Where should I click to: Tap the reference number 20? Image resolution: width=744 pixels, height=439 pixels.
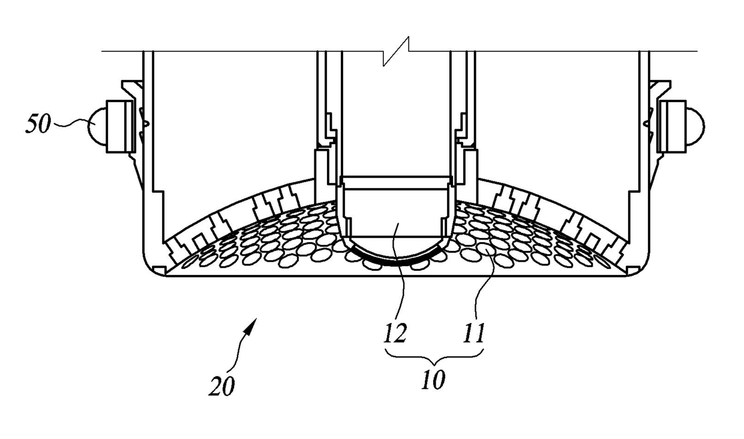pyautogui.click(x=222, y=386)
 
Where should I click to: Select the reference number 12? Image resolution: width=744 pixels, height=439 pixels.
pyautogui.click(x=397, y=333)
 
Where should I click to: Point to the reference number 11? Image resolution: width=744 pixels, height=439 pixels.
pyautogui.click(x=474, y=333)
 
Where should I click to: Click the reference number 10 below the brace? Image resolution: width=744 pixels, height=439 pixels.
pyautogui.click(x=433, y=380)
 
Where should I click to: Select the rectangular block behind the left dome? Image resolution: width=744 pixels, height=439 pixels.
pyautogui.click(x=120, y=126)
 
